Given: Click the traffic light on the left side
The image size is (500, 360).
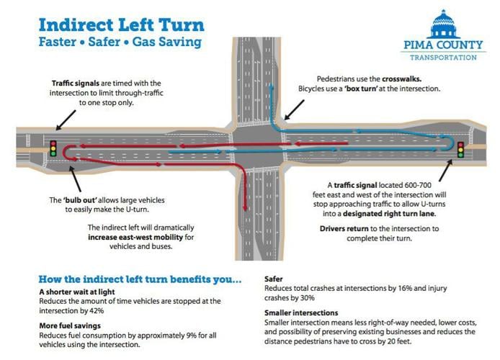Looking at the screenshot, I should pyautogui.click(x=53, y=148).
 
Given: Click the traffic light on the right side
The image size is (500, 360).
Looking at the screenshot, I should pyautogui.click(x=461, y=150).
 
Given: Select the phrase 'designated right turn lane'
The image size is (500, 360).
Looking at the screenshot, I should pyautogui.click(x=394, y=213).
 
